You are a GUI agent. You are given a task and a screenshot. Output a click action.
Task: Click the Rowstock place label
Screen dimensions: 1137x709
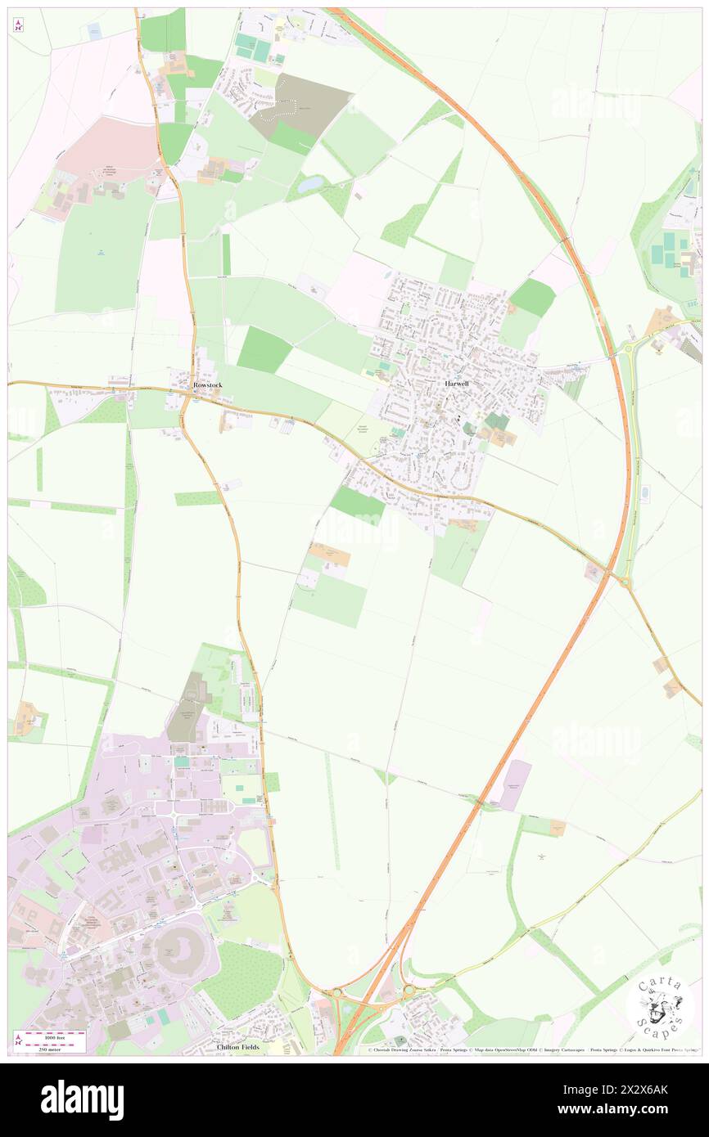click(x=207, y=384)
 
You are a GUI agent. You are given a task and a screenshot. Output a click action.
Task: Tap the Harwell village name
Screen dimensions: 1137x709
click(x=457, y=383)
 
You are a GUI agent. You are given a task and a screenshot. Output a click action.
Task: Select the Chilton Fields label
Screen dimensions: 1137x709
click(x=238, y=1047)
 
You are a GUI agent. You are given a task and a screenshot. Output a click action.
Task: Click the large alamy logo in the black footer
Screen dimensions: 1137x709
click(x=82, y=1100)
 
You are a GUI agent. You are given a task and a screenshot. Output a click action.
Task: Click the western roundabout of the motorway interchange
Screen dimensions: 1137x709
click(x=336, y=993)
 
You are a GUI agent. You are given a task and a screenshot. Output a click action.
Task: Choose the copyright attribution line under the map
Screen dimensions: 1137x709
click(x=532, y=1050)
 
